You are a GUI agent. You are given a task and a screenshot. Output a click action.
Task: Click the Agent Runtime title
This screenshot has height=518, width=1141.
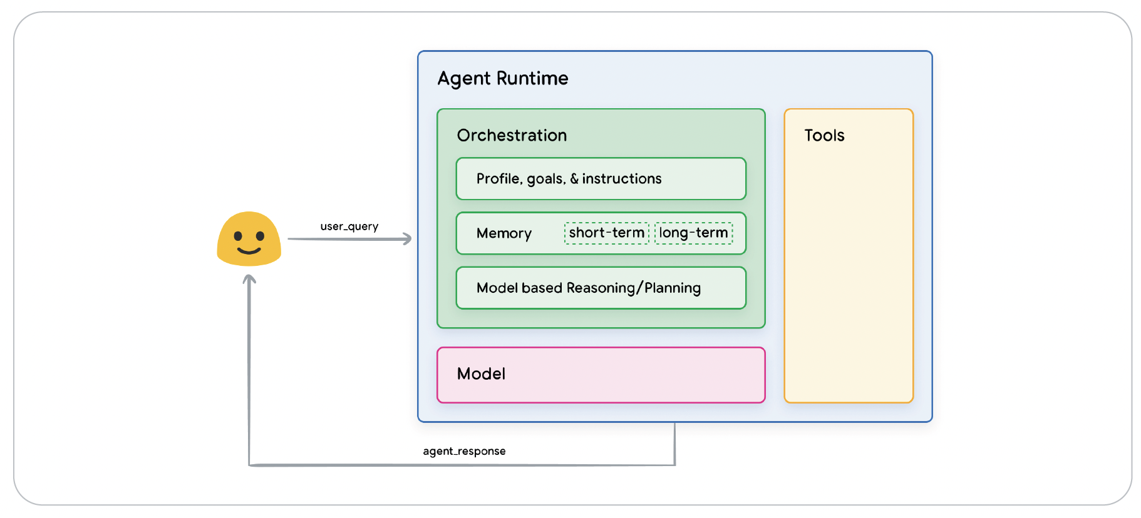[502, 79]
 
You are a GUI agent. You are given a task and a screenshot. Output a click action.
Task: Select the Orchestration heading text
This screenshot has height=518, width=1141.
[512, 136]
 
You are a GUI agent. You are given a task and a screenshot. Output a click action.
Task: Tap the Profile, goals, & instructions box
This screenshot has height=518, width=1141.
[601, 179]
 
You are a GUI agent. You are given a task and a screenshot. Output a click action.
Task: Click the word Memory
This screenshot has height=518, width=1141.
[503, 233]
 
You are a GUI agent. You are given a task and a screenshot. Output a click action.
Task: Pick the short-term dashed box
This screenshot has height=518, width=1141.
[606, 233]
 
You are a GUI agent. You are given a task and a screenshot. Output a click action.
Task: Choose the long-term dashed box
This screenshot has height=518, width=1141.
[693, 233]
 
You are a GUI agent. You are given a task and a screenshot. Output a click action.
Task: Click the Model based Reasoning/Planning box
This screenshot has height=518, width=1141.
[601, 288]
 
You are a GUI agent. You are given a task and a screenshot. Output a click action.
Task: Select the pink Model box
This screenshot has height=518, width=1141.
[601, 375]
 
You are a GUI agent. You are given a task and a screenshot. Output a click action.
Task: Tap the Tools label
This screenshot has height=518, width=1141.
[824, 136]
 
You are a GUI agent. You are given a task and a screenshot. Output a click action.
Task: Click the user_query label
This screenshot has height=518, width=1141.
[349, 226]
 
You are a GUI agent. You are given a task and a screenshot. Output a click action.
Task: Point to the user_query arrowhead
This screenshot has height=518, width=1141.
[408, 238]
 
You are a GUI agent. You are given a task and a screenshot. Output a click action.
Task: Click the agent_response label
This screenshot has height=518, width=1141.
[464, 451]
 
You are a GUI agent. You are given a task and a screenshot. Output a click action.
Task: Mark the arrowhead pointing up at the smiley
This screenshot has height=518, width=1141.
[249, 280]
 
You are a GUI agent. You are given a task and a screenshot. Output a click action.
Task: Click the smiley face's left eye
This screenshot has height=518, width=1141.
[238, 236]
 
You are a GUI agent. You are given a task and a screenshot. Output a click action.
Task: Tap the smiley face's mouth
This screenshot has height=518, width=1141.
[249, 251]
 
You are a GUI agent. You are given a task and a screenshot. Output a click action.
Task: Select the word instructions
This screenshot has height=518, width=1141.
[621, 179]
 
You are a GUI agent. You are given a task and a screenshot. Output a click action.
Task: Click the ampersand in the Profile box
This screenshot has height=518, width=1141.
[574, 179]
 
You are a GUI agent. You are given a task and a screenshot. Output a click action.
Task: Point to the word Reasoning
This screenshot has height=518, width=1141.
[600, 288]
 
